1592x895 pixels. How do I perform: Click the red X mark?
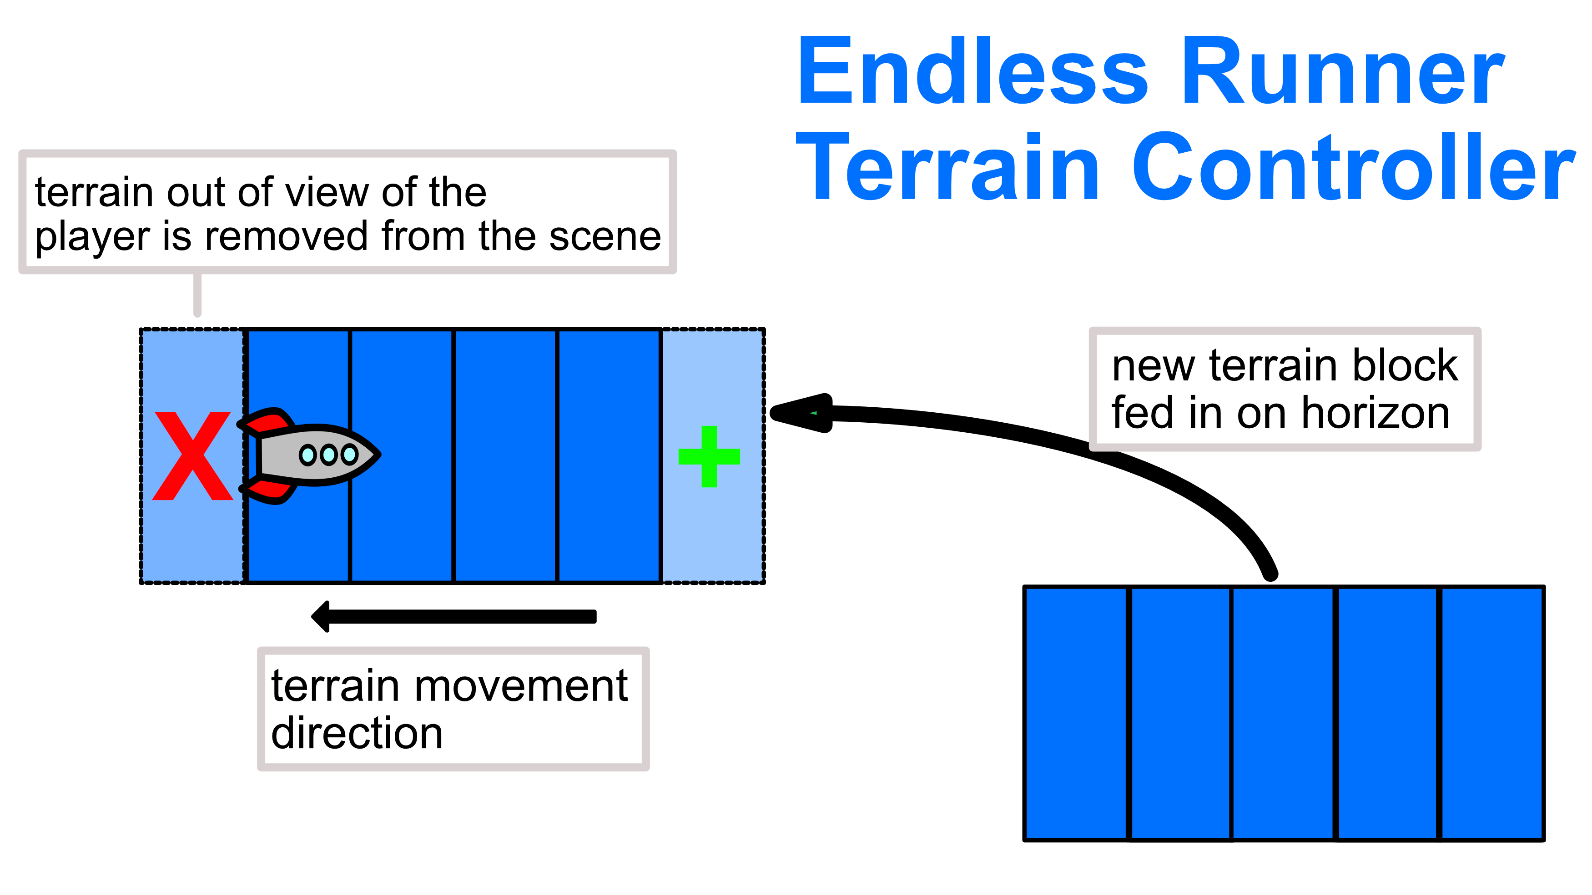click(193, 456)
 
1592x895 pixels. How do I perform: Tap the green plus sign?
click(709, 456)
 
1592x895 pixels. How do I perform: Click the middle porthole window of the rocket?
click(328, 455)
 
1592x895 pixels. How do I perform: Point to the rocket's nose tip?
click(379, 455)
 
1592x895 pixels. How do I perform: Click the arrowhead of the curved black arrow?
click(801, 413)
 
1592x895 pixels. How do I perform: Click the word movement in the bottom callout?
click(520, 687)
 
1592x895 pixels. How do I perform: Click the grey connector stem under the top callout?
click(197, 294)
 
